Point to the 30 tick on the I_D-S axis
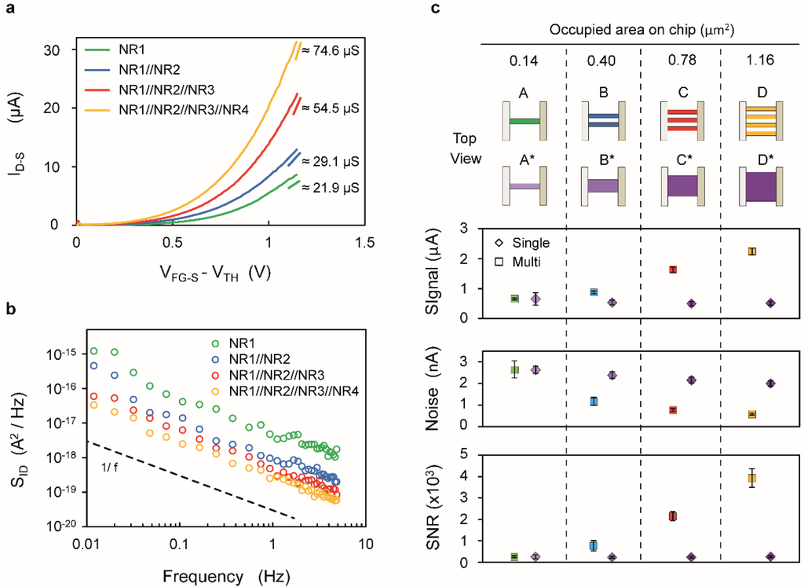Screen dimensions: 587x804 (x=52, y=49)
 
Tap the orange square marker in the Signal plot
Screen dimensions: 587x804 (x=751, y=251)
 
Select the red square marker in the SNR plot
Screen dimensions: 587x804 (x=673, y=516)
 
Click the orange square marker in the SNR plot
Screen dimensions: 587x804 (x=751, y=478)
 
